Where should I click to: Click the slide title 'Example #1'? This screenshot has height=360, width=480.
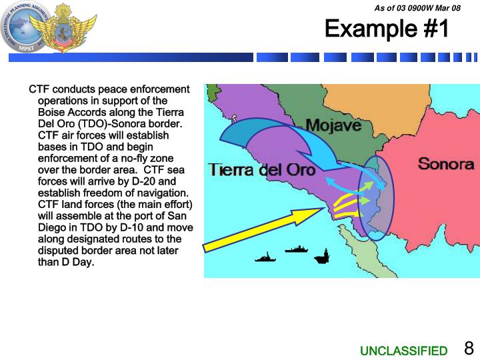[x=387, y=29]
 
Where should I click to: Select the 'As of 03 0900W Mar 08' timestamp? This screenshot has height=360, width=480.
[x=417, y=7]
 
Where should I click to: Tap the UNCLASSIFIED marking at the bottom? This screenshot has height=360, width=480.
[x=404, y=351]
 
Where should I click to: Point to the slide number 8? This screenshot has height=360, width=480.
[x=469, y=349]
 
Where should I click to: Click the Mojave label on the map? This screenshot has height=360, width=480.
[x=333, y=125]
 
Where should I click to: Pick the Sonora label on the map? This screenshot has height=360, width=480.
[x=445, y=163]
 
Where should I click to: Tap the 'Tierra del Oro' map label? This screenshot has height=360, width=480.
[x=262, y=169]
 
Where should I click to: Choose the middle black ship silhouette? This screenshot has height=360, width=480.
[x=297, y=249]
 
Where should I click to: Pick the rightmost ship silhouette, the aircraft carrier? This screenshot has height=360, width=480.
[x=325, y=255]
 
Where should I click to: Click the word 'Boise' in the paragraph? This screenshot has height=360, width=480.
[x=52, y=112]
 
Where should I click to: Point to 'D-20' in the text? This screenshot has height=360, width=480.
[x=162, y=181]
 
